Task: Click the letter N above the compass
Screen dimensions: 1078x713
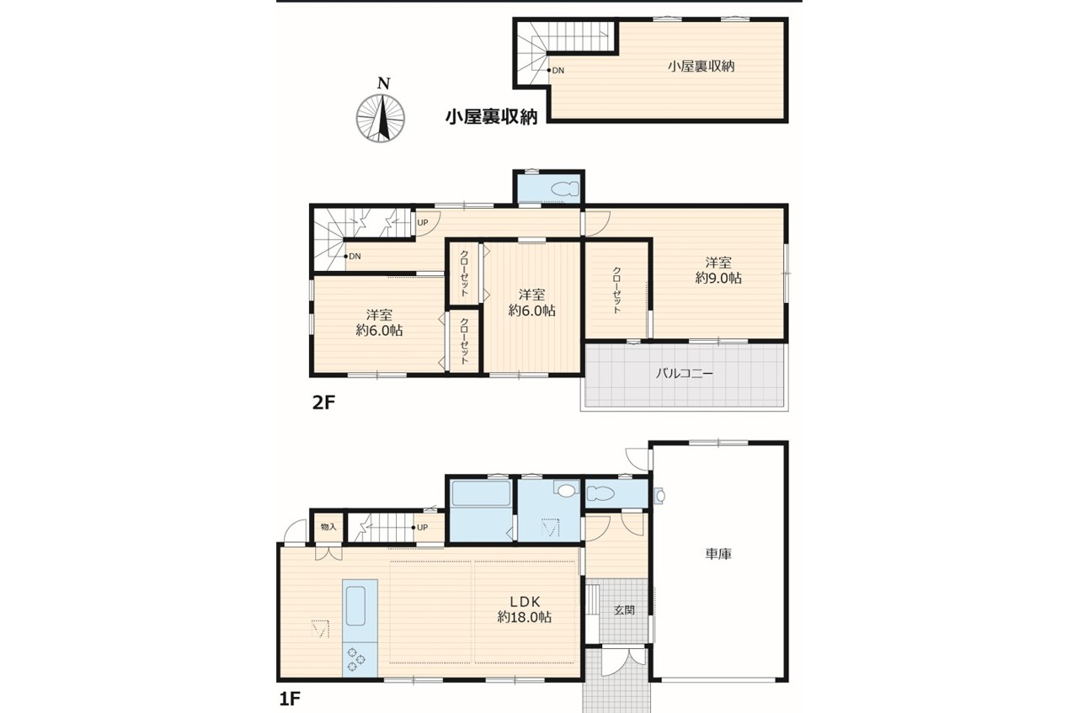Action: [383, 83]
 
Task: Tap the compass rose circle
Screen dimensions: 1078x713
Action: [380, 119]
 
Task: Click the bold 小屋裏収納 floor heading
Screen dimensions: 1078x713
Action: [491, 116]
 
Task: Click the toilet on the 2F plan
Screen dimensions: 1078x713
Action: [564, 189]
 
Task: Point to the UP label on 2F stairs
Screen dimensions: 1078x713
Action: [423, 223]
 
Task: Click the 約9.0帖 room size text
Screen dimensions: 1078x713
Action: [718, 278]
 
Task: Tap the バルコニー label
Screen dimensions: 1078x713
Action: [684, 374]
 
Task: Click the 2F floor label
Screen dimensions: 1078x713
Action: [323, 402]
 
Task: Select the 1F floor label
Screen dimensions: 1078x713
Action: [290, 699]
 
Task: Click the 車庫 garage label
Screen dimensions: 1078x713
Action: [718, 554]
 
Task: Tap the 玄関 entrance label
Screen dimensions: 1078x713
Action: [624, 610]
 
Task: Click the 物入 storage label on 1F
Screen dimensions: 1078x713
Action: [328, 527]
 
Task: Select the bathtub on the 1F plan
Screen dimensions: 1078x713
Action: [480, 492]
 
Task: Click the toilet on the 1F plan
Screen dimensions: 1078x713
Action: [600, 493]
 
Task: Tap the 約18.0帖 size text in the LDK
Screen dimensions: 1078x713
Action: [525, 617]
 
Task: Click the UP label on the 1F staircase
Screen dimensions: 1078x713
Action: [422, 527]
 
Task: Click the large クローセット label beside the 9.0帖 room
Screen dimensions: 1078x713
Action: [616, 290]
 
